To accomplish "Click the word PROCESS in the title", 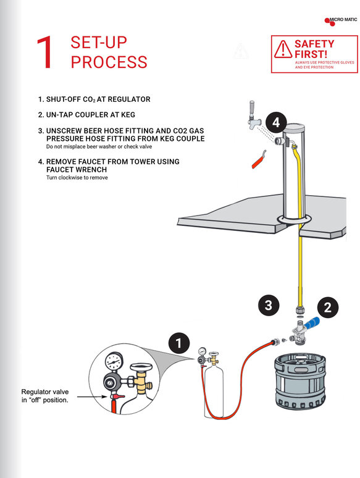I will coord(109,62).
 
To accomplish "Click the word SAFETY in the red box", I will coord(314,44).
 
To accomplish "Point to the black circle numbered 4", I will coord(275,123).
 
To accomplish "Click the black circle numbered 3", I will coord(267,304).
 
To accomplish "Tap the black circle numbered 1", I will coord(178,343).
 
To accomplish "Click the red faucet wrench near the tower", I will coord(256,159).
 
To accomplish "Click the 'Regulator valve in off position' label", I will coord(44,396).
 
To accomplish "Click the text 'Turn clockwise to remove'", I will coord(77,178).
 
